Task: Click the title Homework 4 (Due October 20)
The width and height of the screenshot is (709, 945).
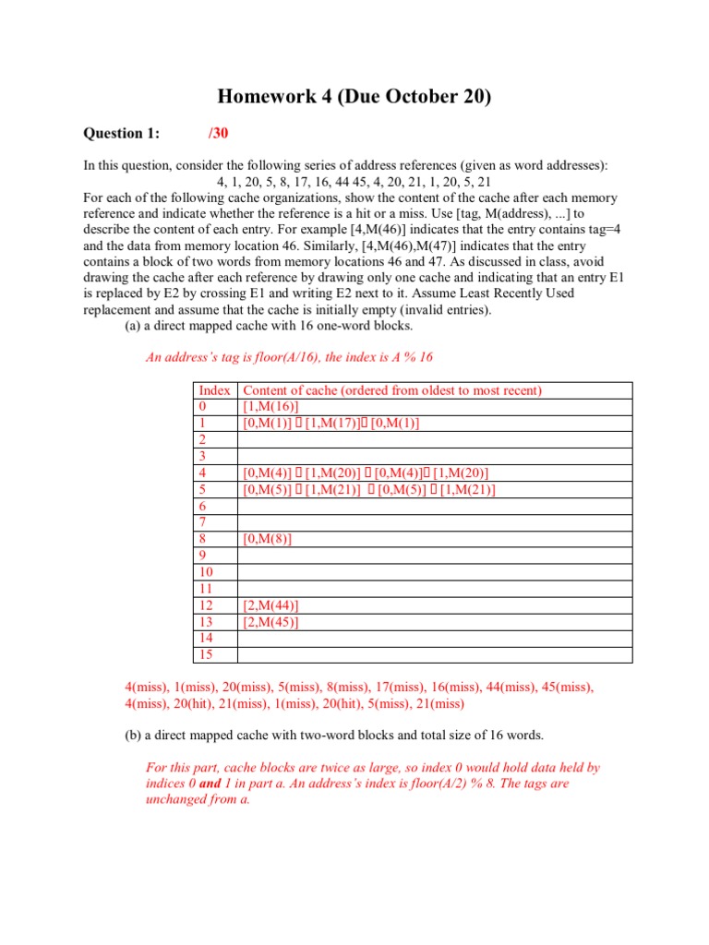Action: (354, 97)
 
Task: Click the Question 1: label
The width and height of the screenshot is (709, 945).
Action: (122, 134)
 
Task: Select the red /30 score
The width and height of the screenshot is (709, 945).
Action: (218, 134)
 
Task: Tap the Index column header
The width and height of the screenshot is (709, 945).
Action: (214, 390)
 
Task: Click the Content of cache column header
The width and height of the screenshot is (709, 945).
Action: (392, 390)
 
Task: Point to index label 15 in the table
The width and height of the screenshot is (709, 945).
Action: (206, 655)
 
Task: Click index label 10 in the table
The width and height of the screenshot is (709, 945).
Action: (206, 572)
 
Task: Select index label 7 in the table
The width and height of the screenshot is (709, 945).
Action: (202, 522)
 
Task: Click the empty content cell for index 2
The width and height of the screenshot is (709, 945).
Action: (434, 440)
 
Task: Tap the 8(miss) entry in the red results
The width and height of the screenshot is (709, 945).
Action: (341, 688)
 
